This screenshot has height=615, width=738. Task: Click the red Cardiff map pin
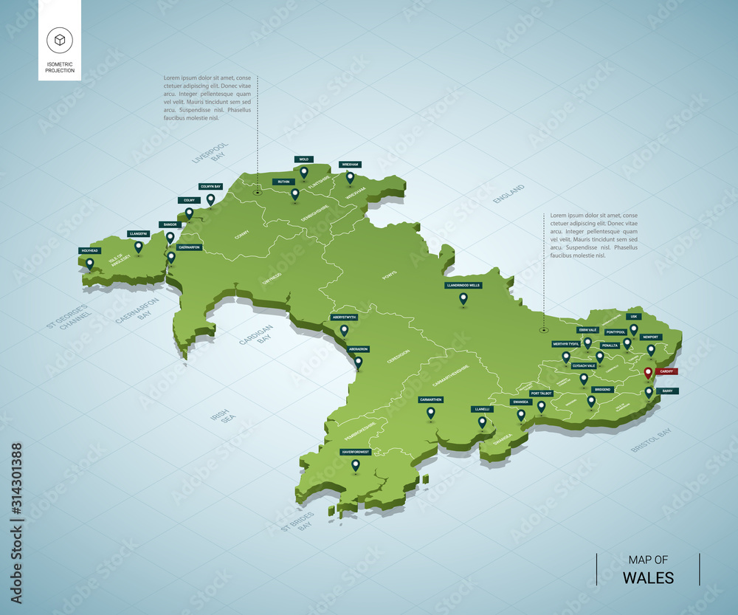pos(648,373)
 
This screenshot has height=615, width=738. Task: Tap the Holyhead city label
pos(89,251)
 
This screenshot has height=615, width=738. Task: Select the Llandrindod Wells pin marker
pos(463,298)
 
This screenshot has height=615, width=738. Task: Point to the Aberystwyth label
pos(344,317)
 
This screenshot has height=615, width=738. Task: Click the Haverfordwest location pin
pos(355,464)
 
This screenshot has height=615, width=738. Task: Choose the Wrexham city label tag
pos(350,165)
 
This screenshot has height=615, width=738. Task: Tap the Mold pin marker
pos(303,172)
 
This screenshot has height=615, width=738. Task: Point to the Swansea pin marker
pos(521,414)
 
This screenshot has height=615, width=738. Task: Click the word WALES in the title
pos(648,577)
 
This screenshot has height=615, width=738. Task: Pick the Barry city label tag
pos(666,391)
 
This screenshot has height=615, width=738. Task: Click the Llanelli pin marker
pos(482,422)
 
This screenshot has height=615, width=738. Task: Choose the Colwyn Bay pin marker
pos(210,199)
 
